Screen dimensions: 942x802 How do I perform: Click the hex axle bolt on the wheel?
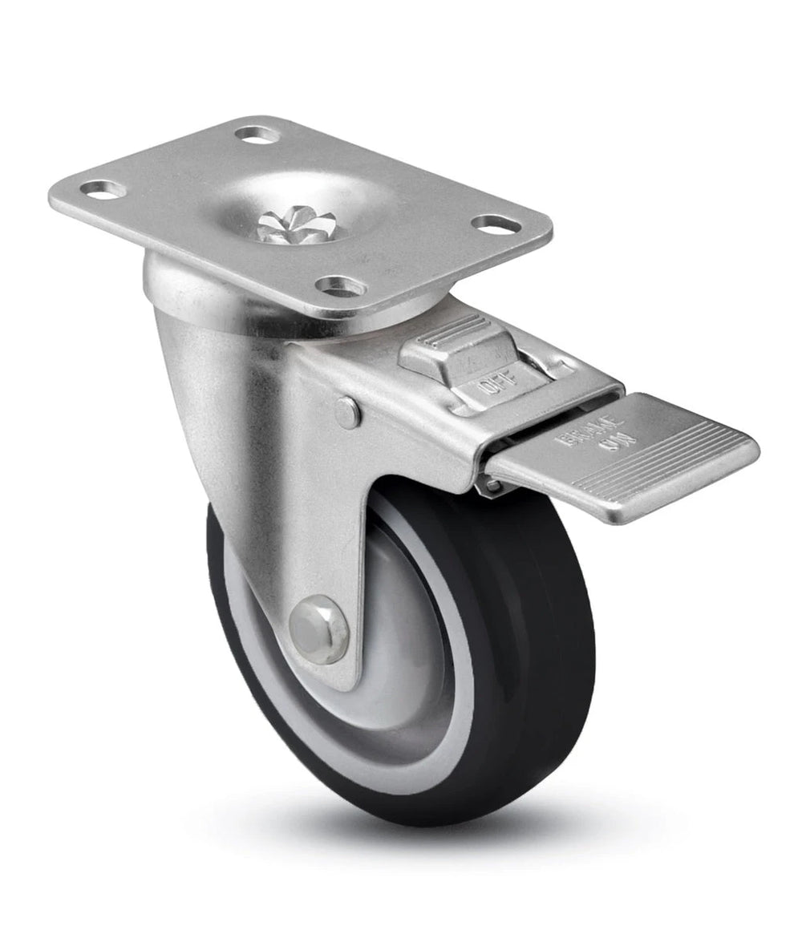[318, 629]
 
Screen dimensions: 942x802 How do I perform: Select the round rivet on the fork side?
[347, 412]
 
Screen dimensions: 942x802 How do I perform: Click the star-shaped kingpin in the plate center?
[308, 225]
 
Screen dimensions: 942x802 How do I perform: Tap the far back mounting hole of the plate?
[258, 133]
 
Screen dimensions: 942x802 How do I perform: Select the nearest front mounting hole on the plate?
[340, 285]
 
